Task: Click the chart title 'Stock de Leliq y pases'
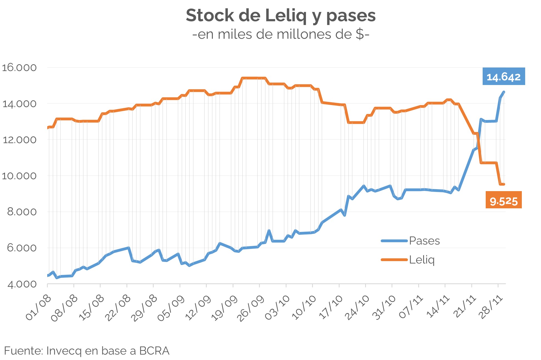pyautogui.click(x=281, y=15)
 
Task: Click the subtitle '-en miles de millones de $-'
pyautogui.click(x=281, y=34)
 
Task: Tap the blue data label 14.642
pyautogui.click(x=503, y=77)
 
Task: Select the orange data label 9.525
pyautogui.click(x=503, y=201)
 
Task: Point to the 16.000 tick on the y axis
pyautogui.click(x=19, y=67)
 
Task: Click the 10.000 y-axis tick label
pyautogui.click(x=19, y=176)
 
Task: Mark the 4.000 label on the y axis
pyautogui.click(x=22, y=284)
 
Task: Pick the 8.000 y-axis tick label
pyautogui.click(x=22, y=212)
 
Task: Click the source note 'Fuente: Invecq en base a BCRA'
pyautogui.click(x=87, y=351)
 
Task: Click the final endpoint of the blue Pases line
pyautogui.click(x=504, y=92)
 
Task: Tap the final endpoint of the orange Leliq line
pyautogui.click(x=503, y=184)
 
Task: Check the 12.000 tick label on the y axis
pyautogui.click(x=19, y=140)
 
